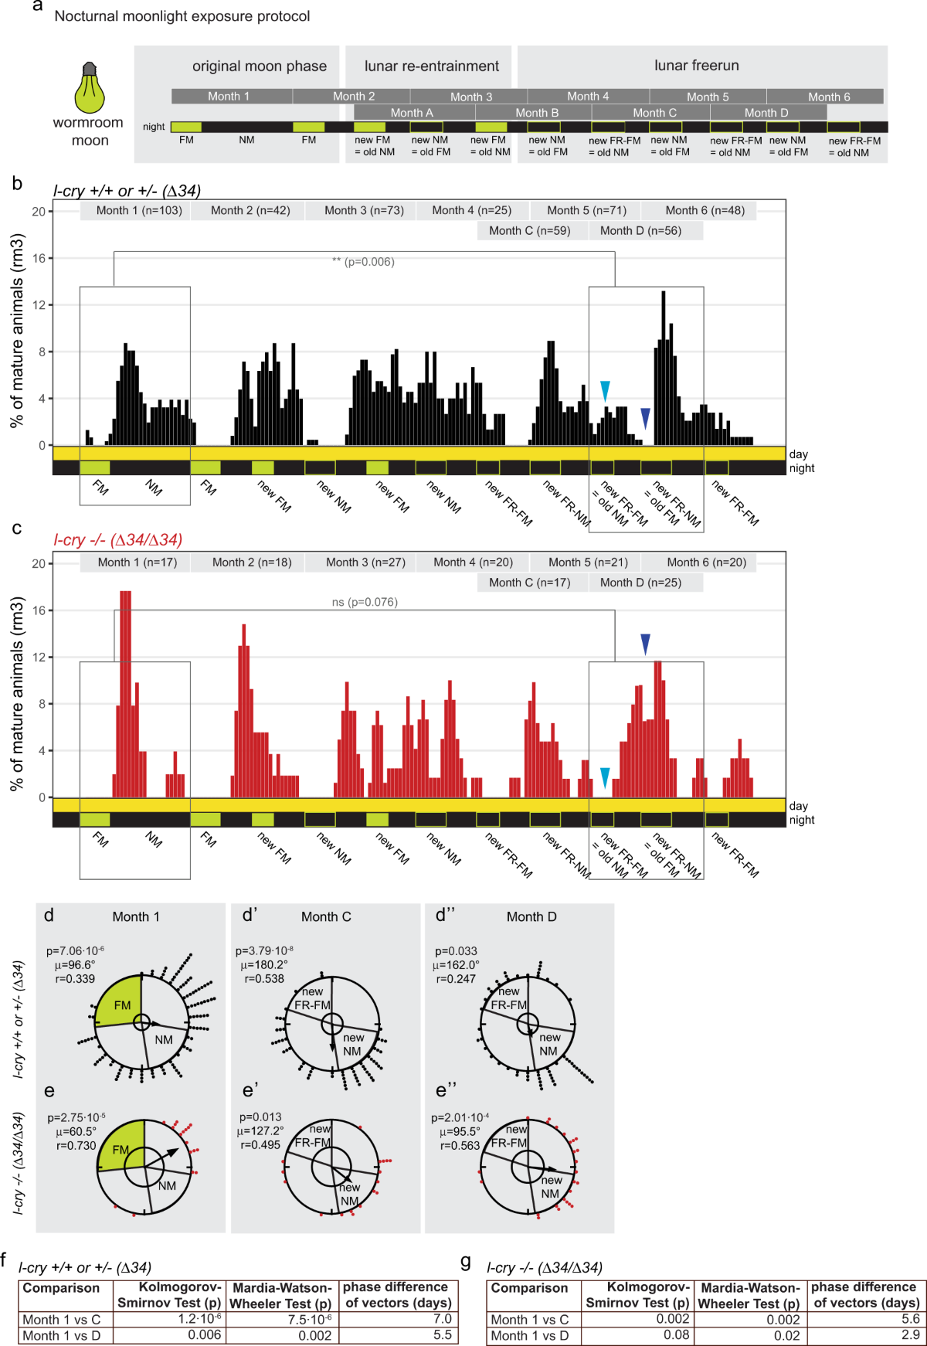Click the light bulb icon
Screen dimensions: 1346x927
[90, 87]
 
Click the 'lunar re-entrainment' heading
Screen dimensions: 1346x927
[432, 66]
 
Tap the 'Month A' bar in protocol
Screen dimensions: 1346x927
[412, 113]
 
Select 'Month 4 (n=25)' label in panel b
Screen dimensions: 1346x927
[471, 210]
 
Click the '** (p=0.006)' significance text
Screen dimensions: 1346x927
[363, 262]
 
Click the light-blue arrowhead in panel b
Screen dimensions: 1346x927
[605, 391]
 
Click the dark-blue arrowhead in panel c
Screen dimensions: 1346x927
[645, 644]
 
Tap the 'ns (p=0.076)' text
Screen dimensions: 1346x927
[365, 602]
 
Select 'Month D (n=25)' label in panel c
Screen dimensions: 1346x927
[640, 583]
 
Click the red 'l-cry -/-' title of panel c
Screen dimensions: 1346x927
[117, 540]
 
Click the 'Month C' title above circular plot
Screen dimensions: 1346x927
[326, 917]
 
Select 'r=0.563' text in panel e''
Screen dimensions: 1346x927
[460, 1146]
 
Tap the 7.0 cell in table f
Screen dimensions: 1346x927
[442, 1319]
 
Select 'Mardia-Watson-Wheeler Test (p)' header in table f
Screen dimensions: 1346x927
[281, 1296]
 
